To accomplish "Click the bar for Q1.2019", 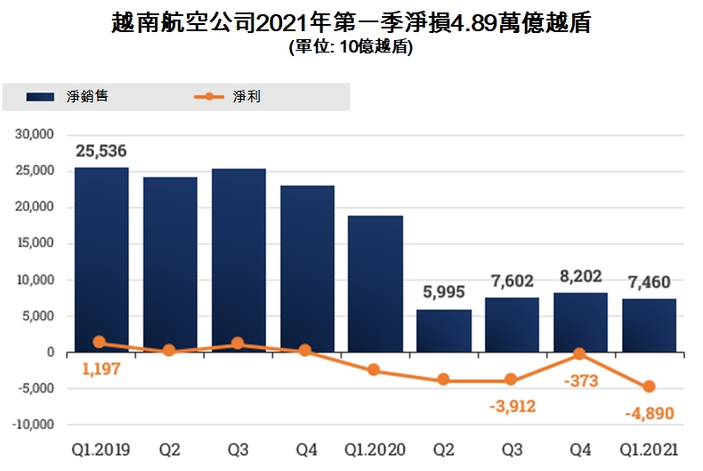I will point(101,259).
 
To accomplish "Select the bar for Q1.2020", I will point(375,283).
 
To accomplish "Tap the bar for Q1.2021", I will point(649,325).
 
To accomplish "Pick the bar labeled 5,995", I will point(443,330).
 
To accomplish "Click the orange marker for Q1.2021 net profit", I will point(649,387).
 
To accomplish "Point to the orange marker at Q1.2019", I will point(100,343).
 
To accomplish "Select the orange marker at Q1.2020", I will point(375,369).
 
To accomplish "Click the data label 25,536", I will point(101,151).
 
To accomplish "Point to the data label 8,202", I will point(580,278).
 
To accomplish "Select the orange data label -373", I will point(581,382).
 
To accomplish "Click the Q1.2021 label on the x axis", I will point(649,450).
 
